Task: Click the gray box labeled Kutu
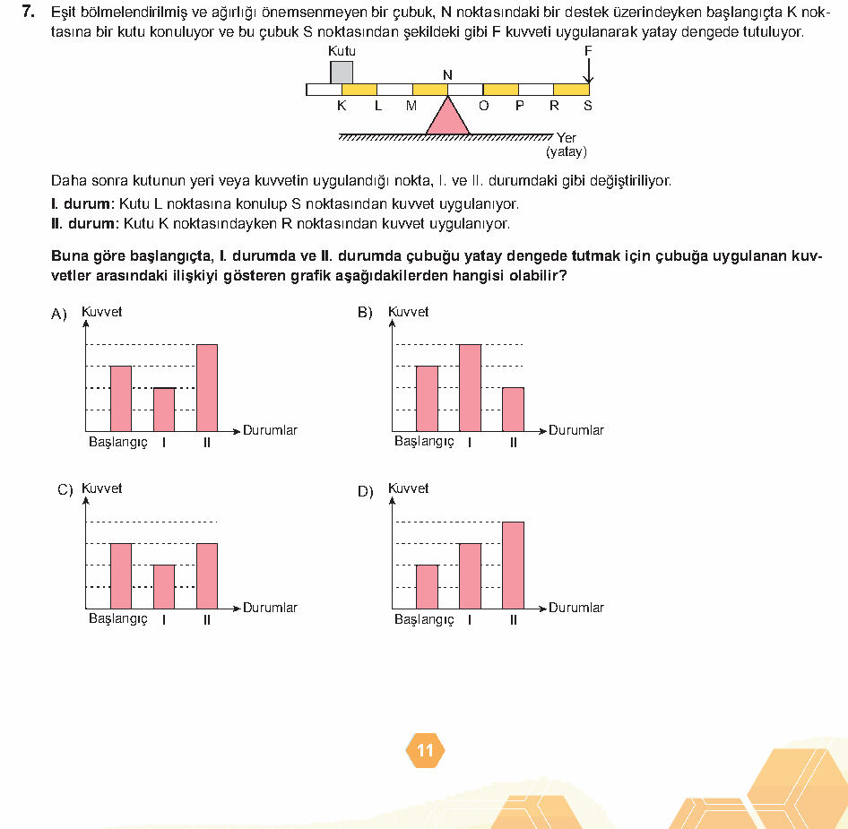pyautogui.click(x=342, y=73)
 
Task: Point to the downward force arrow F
pyautogui.click(x=588, y=71)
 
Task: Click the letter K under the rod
pyautogui.click(x=342, y=106)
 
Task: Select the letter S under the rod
pyautogui.click(x=588, y=106)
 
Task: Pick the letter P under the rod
pyautogui.click(x=520, y=106)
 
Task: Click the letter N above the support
pyautogui.click(x=448, y=75)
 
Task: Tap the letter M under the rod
pyautogui.click(x=411, y=106)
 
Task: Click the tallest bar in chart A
pyautogui.click(x=207, y=388)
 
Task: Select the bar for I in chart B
pyautogui.click(x=470, y=388)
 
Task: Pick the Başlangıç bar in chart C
pyautogui.click(x=121, y=576)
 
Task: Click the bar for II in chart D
pyautogui.click(x=514, y=566)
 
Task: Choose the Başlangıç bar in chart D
pyautogui.click(x=428, y=587)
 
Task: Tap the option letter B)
pyautogui.click(x=365, y=313)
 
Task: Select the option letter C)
pyautogui.click(x=65, y=489)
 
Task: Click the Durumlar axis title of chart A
pyautogui.click(x=270, y=430)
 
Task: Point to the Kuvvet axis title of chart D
pyautogui.click(x=409, y=488)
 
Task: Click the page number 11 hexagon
pyautogui.click(x=425, y=751)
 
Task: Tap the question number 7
pyautogui.click(x=29, y=12)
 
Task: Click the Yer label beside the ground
pyautogui.click(x=567, y=138)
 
